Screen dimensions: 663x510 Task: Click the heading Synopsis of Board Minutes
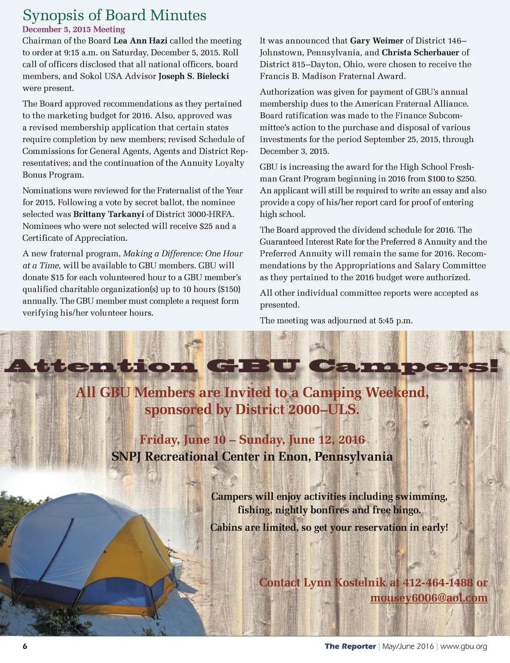coord(114,15)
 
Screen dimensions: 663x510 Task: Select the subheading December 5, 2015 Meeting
coord(73,29)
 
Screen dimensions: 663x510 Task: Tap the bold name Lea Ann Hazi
coord(140,41)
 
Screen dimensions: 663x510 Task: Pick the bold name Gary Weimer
coord(377,41)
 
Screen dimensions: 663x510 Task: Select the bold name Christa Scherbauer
coord(420,53)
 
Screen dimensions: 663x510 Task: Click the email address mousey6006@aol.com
coord(429,598)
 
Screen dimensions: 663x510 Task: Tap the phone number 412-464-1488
coord(438,582)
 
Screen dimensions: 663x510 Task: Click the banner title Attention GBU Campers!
coord(251,366)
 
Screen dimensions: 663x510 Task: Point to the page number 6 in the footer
coord(25,647)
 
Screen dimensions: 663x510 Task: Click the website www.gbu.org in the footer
coord(464,647)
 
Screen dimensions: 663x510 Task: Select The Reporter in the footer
coord(350,647)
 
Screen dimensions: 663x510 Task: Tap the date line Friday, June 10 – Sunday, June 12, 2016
coord(252,440)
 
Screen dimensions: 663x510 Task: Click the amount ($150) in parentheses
coord(229,289)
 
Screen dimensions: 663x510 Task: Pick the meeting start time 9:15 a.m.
coord(62,53)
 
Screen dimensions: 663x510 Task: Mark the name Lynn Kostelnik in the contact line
coord(343,582)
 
